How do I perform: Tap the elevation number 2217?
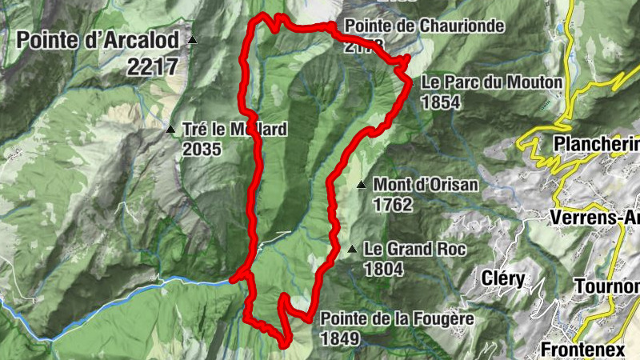click(152, 66)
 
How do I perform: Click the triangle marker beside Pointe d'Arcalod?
click(192, 39)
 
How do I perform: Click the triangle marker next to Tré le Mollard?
click(170, 129)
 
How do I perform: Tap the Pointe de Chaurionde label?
click(424, 26)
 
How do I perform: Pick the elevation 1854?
click(441, 102)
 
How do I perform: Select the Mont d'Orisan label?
click(426, 185)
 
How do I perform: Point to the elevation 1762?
click(392, 205)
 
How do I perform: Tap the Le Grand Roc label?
click(414, 249)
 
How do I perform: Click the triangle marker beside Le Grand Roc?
click(352, 250)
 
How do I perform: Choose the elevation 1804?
click(382, 269)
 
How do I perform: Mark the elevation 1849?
click(339, 338)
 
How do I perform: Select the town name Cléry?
click(504, 279)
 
